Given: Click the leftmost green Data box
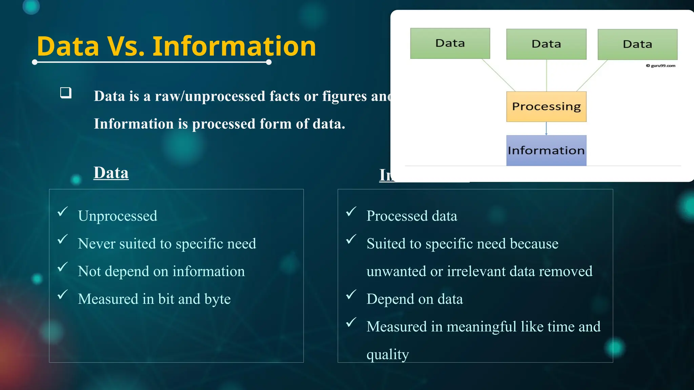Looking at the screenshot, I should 450,43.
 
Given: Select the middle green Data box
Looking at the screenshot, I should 546,44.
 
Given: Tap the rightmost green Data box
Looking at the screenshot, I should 637,44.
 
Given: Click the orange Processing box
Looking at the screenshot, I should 546,107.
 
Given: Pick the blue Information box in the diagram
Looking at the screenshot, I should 546,150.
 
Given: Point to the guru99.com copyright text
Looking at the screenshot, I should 661,66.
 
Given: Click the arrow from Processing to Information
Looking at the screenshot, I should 546,129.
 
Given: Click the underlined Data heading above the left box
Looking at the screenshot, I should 111,173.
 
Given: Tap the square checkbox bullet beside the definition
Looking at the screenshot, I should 66,93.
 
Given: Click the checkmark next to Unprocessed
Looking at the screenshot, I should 63,212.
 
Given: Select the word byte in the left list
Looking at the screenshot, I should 217,299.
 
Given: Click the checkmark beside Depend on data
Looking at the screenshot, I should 351,295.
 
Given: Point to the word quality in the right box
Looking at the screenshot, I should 388,354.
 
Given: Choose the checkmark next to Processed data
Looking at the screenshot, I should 351,212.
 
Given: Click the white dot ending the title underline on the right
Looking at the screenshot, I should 269,62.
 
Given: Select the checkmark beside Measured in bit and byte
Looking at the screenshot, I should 63,295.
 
